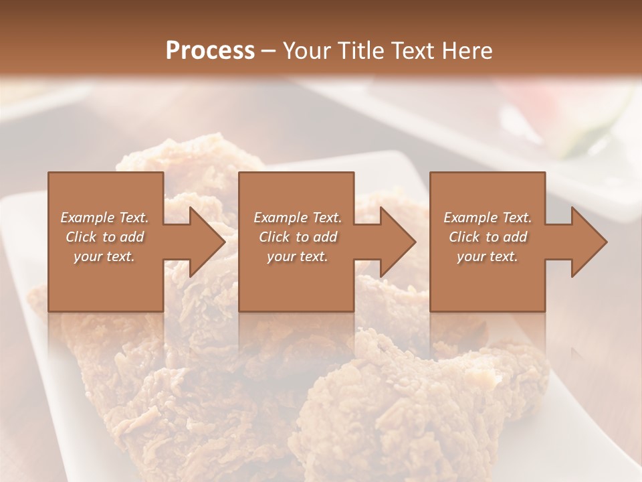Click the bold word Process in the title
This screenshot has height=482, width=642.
coord(210,51)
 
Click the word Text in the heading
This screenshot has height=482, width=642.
coord(411,51)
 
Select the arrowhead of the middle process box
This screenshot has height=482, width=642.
coord(396,242)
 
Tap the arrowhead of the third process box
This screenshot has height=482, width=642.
coord(587,242)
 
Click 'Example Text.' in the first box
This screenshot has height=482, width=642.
coord(105,218)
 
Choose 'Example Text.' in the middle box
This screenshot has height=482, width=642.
coord(298,218)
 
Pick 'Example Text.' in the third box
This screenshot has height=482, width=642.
coord(488,218)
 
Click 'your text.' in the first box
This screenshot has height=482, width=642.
coord(104,256)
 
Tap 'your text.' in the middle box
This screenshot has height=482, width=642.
coord(297,256)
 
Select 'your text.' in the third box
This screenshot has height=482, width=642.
coord(487,256)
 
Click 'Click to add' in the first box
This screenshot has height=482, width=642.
coord(105,237)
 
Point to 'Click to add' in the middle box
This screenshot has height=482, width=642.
coord(298,237)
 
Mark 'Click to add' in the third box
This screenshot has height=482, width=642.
coord(488,237)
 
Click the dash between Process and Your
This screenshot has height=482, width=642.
coord(268,52)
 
